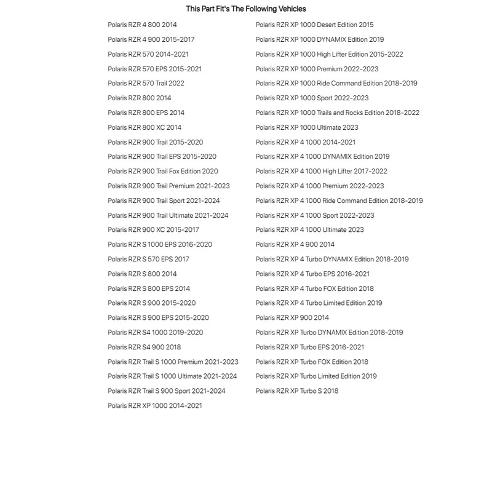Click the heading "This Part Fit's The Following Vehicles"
click(x=245, y=9)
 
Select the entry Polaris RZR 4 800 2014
click(x=142, y=25)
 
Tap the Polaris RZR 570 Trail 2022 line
click(x=146, y=84)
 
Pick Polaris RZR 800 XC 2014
click(x=145, y=128)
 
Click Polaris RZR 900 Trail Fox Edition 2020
click(x=163, y=172)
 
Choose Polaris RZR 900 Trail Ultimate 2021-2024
click(x=168, y=216)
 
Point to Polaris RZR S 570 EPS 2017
click(x=148, y=260)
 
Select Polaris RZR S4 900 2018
click(x=144, y=347)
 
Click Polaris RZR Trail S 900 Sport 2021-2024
click(x=167, y=391)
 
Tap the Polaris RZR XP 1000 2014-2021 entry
click(x=154, y=406)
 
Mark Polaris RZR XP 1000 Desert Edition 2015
click(x=314, y=25)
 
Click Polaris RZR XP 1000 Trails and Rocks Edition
click(x=338, y=113)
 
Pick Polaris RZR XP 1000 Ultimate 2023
click(x=307, y=128)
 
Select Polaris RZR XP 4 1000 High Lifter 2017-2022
click(x=322, y=172)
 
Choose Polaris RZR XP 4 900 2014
click(x=295, y=245)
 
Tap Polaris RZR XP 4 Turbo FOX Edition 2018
click(x=315, y=289)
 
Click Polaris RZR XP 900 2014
click(x=292, y=318)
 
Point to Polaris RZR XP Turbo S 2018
click(x=297, y=391)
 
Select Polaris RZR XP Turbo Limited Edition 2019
click(x=316, y=376)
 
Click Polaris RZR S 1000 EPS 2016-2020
click(x=160, y=245)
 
